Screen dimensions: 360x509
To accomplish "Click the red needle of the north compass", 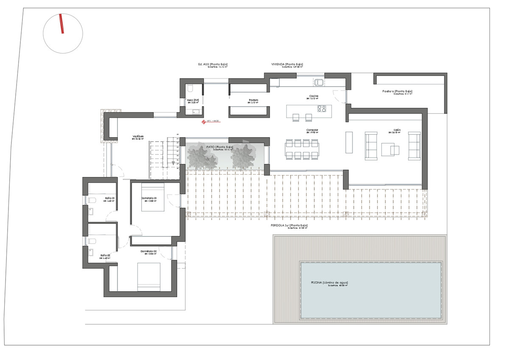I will click(x=62, y=23).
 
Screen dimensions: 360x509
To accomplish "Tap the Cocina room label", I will click(x=313, y=96).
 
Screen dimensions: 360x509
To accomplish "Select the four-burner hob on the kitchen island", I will click(x=322, y=109).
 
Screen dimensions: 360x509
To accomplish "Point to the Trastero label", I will click(x=254, y=100).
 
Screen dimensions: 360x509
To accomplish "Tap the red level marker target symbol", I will click(x=204, y=122).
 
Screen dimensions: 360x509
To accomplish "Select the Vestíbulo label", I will click(x=138, y=136).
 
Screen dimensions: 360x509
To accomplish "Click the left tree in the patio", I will click(x=200, y=157).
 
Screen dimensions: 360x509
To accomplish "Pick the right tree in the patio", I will click(x=243, y=156).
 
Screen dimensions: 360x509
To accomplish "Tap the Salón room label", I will click(x=397, y=130).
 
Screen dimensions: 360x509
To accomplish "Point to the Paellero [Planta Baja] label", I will click(x=397, y=91).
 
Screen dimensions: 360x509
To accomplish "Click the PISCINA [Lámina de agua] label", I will click(x=329, y=282).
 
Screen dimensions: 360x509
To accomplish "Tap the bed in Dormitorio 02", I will click(x=149, y=277).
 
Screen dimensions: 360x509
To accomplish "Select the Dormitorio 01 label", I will click(x=149, y=198).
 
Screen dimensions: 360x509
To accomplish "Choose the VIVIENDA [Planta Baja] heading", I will click(x=287, y=64).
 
